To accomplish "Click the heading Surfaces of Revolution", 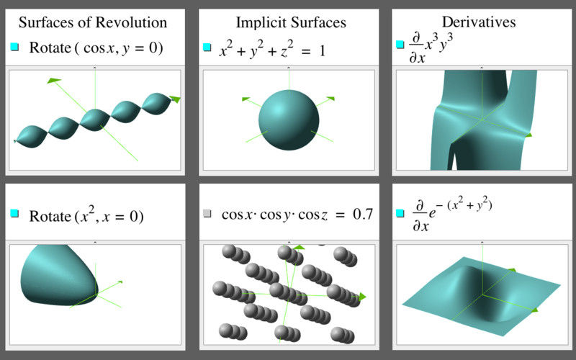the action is coord(93,22).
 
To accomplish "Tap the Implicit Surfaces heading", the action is coord(291,22).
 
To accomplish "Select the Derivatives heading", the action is coord(479,22).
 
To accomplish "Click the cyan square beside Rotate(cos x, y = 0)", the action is coord(14,47).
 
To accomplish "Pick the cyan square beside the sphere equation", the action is coord(207,47).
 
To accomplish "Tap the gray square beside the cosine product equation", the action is coord(207,213).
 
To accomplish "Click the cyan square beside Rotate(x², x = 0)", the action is coord(14,213).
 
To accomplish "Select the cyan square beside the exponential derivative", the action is coord(400,213).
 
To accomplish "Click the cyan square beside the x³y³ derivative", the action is coord(400,45).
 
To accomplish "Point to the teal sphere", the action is coord(289,120).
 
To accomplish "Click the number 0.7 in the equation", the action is coord(363,214).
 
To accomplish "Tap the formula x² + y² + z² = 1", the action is coord(272,49).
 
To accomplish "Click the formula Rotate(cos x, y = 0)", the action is coord(96,48).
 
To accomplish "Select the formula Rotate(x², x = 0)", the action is coord(86,215).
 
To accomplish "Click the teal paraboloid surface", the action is coord(59,275).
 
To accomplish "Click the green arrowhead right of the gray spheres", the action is coord(362,297).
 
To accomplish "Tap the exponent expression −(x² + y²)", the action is coord(464,204).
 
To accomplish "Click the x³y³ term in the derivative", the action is coord(438,45).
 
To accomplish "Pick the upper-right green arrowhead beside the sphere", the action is coord(330,99).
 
